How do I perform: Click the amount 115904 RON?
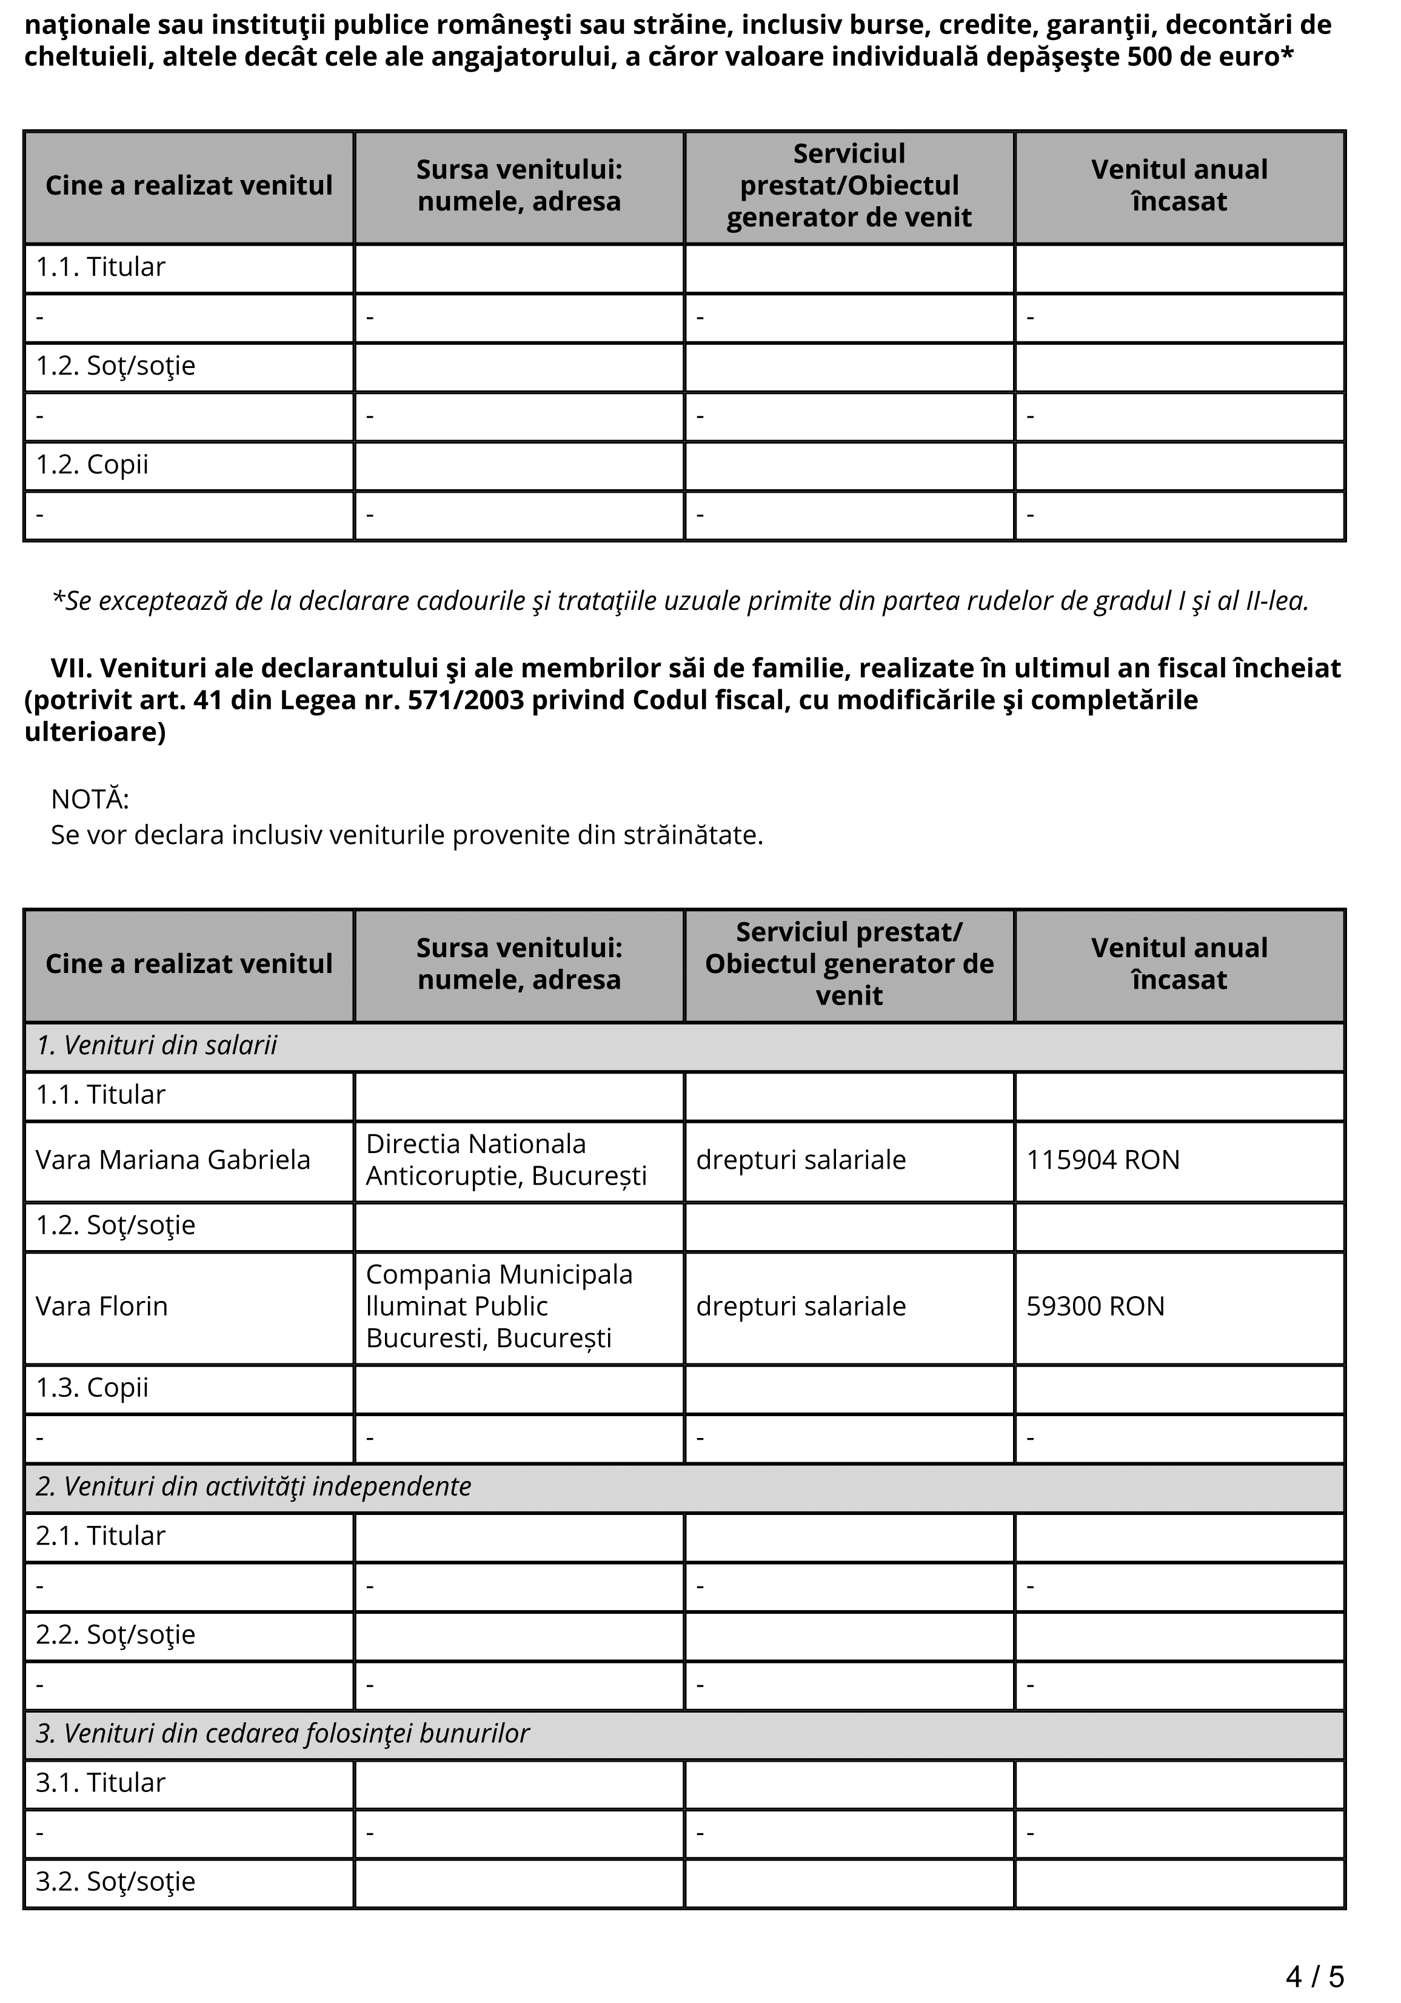point(1103,1160)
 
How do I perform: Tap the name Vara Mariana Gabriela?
point(173,1160)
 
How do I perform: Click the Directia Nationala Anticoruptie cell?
point(506,1160)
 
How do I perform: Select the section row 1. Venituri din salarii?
point(157,1045)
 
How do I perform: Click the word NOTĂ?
point(90,799)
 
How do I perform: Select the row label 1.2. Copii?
point(92,465)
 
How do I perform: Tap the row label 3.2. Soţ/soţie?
point(115,1882)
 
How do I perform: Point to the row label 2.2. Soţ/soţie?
point(115,1635)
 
